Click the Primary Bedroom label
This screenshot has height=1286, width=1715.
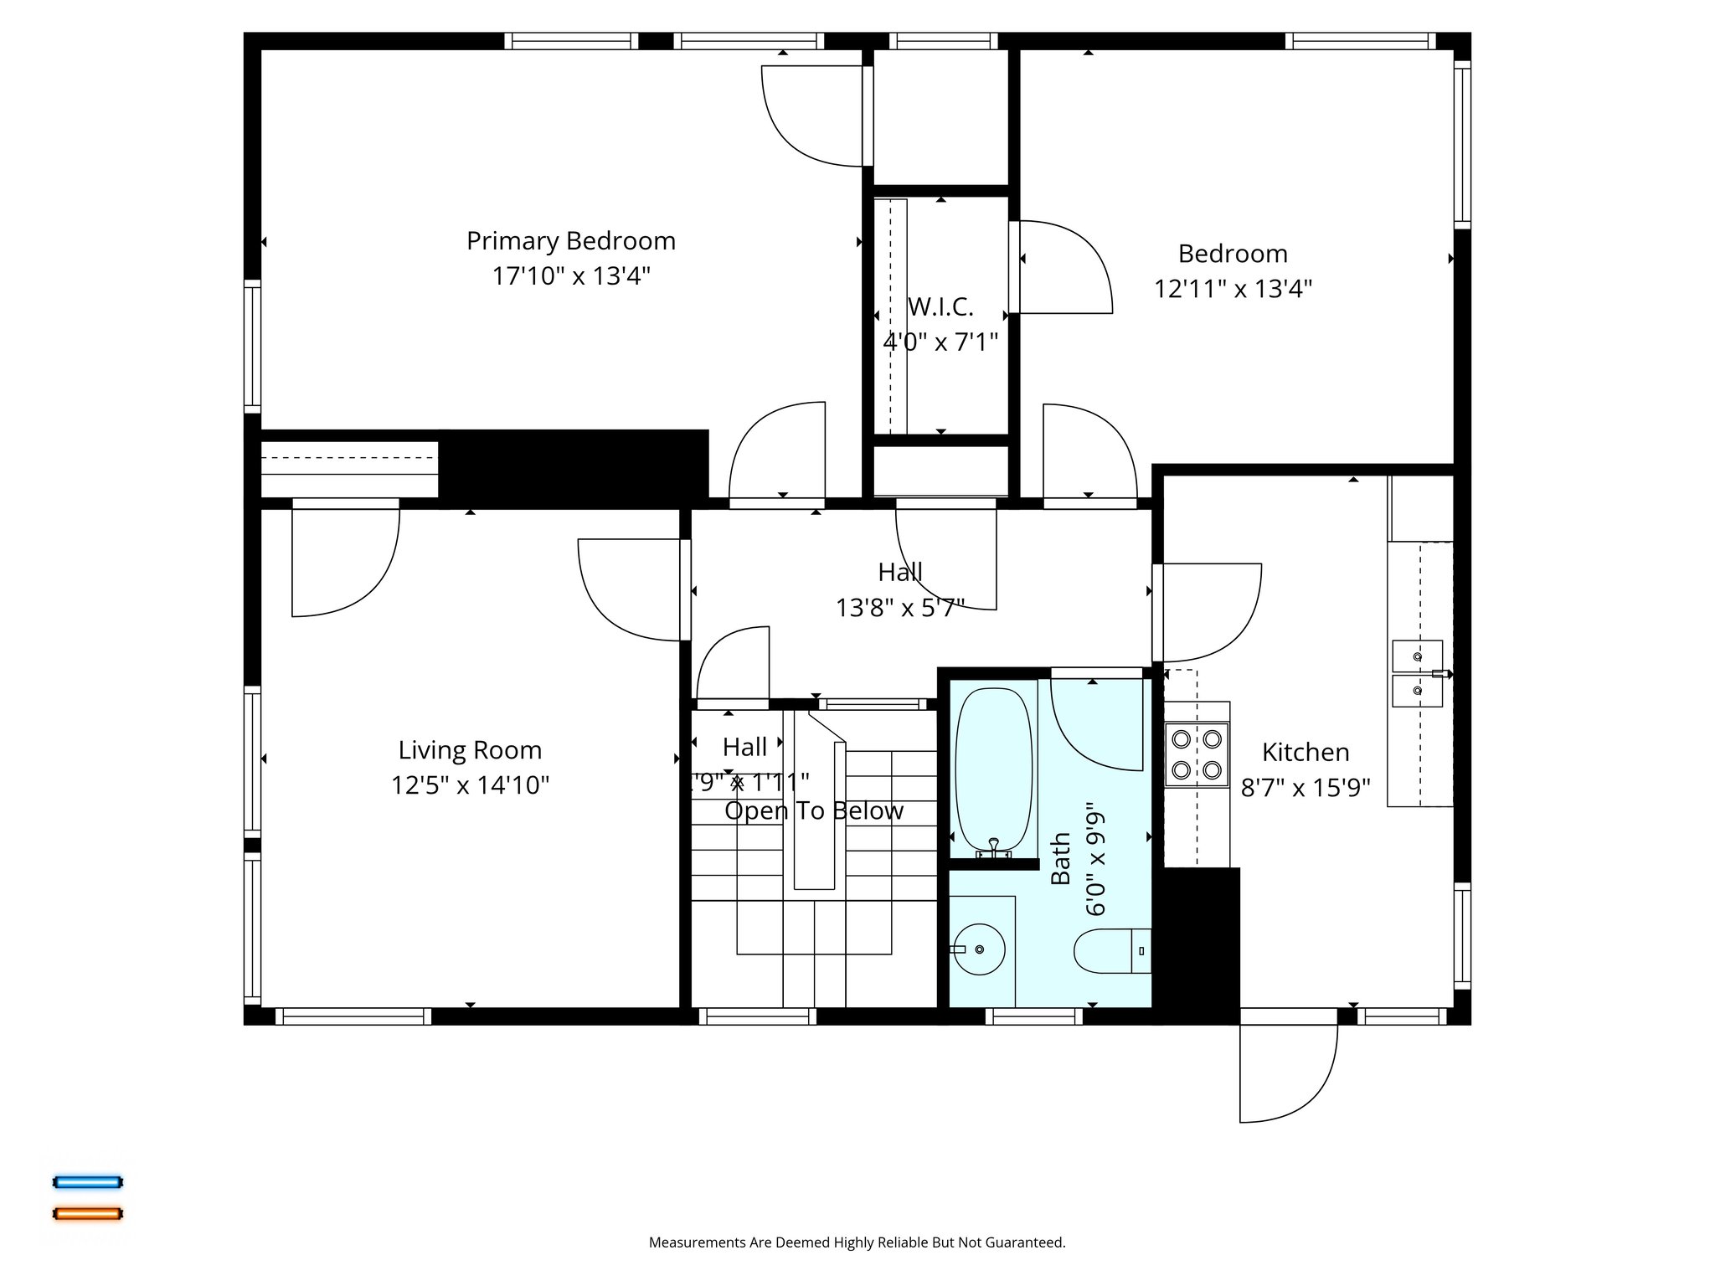tap(570, 241)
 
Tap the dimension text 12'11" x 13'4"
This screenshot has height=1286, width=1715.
tap(1233, 289)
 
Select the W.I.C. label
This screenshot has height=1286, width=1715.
tap(940, 307)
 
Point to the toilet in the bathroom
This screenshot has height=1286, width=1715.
tap(1110, 951)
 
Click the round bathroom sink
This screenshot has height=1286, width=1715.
tap(981, 949)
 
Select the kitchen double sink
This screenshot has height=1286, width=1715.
tap(1417, 674)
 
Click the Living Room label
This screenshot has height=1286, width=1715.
tap(470, 750)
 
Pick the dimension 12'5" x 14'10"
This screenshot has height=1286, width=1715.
tap(470, 785)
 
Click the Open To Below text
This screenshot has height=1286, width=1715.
tap(813, 810)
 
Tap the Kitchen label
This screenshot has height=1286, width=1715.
tap(1305, 753)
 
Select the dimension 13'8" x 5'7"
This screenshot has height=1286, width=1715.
tap(899, 608)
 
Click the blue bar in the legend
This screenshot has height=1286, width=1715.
tap(88, 1182)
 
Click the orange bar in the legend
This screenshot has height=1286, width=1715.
tap(88, 1213)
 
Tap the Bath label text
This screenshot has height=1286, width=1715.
tap(1061, 858)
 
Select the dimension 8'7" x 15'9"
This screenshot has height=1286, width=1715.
tap(1305, 788)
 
